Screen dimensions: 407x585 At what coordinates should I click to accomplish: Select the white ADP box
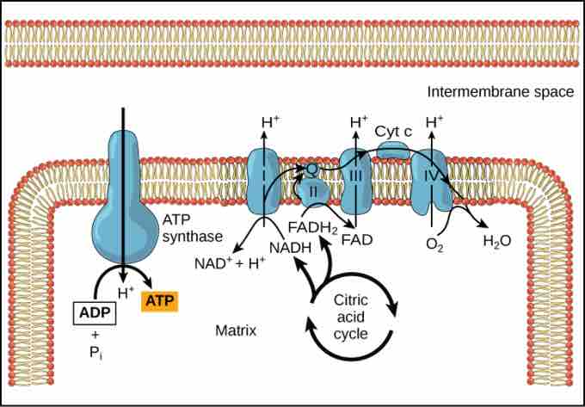coord(94,312)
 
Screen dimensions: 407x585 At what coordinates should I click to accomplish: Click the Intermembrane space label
coord(501,92)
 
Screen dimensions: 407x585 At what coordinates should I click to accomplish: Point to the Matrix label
coord(236,330)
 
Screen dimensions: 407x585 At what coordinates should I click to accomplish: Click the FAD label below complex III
coord(355,238)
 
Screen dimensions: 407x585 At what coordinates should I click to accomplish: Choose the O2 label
coord(434,244)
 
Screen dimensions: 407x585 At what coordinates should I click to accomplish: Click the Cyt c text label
coord(393,130)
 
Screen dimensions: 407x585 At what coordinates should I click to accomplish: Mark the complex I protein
coord(263,181)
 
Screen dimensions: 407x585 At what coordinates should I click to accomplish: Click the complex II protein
coord(313,189)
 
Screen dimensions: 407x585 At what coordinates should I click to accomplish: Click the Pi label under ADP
coord(95,353)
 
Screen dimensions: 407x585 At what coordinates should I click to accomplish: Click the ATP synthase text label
coord(194,228)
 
